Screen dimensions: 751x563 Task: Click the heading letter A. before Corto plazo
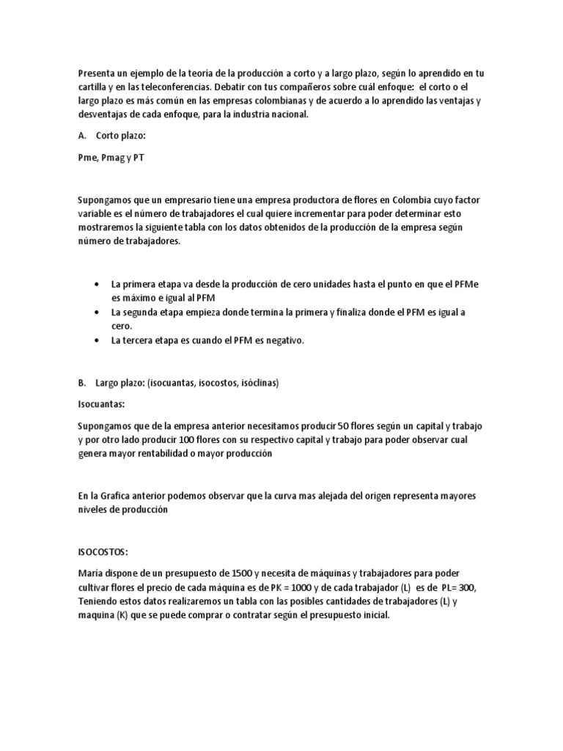point(81,136)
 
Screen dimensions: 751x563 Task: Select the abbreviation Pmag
point(111,158)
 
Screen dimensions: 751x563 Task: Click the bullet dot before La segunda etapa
point(99,312)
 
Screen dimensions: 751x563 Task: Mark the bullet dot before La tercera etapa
point(99,340)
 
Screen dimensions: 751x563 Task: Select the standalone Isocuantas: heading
point(101,404)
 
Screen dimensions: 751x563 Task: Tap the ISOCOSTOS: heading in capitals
point(103,554)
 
